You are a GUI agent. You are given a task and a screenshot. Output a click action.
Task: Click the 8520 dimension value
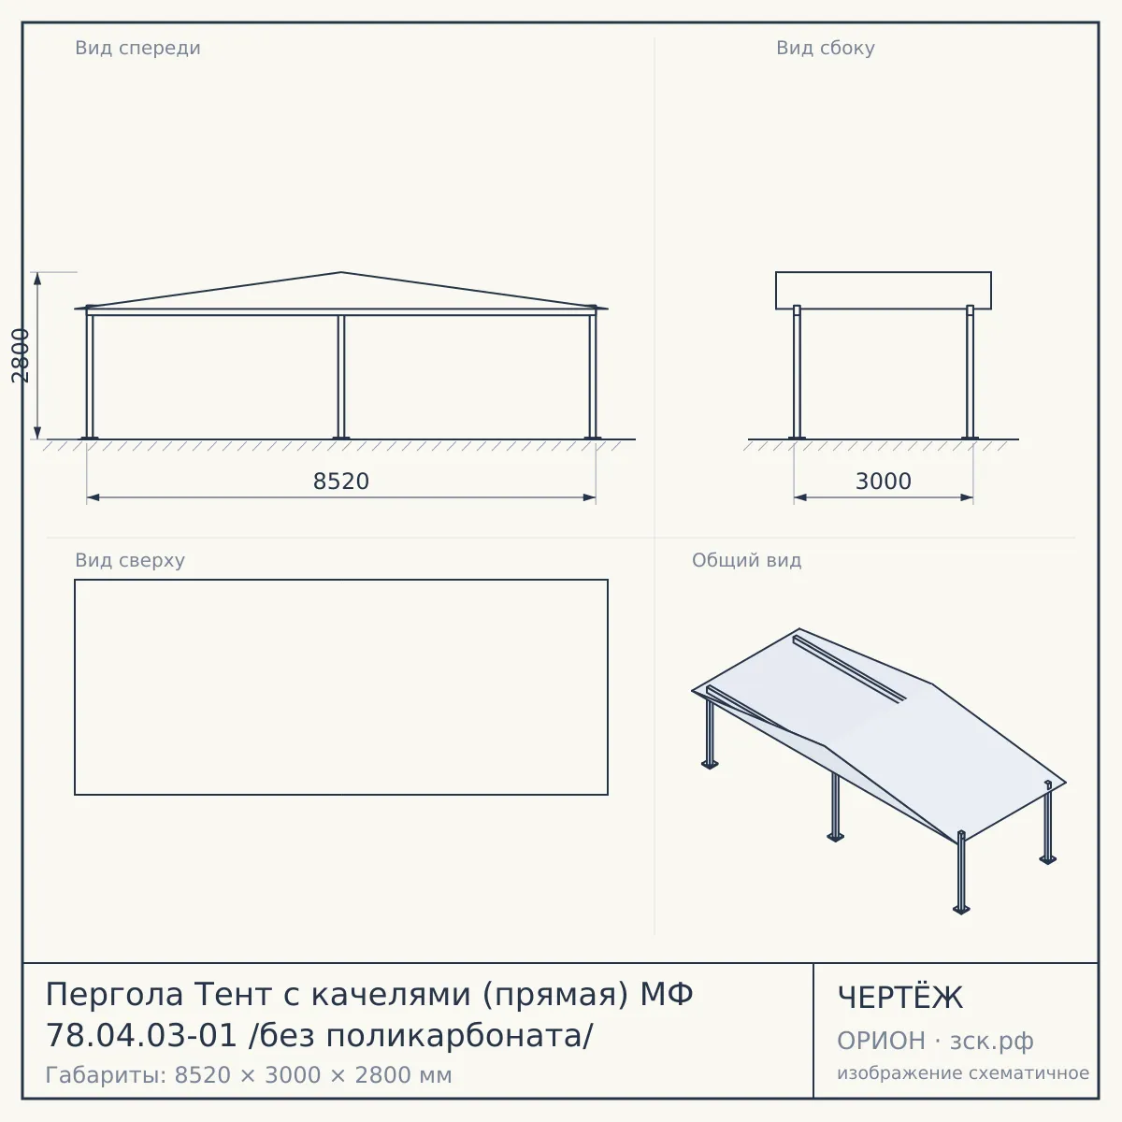coord(340,482)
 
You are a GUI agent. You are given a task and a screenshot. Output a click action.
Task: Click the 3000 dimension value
coord(883,482)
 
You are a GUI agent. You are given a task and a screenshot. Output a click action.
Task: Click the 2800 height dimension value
coord(21,355)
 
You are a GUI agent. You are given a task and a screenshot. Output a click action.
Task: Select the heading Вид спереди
coord(137,48)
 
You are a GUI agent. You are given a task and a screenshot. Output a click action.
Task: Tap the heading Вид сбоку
coord(825,48)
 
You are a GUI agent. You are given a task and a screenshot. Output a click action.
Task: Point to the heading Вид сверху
coord(130,560)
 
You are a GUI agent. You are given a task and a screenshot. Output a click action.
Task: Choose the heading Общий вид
coord(746,560)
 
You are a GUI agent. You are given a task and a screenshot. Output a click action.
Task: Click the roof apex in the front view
coord(340,272)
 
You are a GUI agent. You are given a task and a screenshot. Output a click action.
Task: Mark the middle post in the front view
coord(341,377)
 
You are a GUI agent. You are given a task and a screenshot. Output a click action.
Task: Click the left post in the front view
coord(90,373)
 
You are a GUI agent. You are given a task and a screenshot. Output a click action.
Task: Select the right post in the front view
coord(592,373)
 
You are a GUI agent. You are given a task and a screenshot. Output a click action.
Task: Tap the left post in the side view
coord(798,372)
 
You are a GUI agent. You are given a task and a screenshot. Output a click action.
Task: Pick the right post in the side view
coord(970,372)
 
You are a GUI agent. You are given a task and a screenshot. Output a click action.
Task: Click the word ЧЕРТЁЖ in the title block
coord(899,998)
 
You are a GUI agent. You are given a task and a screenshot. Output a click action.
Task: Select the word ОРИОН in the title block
coord(881,1041)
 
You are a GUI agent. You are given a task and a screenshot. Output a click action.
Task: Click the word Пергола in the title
coord(114,994)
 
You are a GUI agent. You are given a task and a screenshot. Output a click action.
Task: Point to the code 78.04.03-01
coord(141,1036)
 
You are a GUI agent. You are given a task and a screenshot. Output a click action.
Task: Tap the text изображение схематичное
coord(963,1072)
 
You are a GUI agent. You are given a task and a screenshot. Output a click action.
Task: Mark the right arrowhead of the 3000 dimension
coord(967,497)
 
